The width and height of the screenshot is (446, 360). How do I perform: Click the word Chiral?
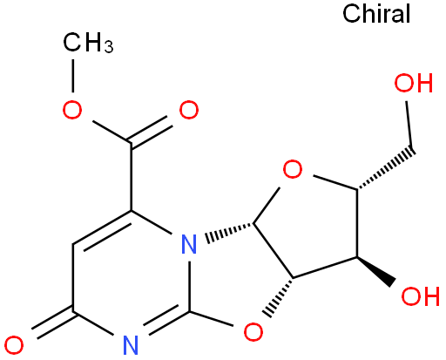pos(376,13)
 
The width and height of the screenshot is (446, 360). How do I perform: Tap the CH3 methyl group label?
pos(88,43)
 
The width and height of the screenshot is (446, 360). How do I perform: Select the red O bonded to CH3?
pos(72,110)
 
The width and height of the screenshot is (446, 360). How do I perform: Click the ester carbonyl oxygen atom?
pos(189,110)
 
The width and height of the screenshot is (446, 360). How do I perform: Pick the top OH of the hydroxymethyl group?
pos(414,83)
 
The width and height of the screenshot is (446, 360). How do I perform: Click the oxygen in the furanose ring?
pos(293,169)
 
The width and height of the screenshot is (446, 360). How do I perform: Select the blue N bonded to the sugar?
pos(189,244)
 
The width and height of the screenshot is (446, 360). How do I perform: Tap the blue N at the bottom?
pos(131,345)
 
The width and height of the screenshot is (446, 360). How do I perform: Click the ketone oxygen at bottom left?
pos(14,345)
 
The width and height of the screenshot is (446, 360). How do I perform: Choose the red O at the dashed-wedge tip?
pos(253,332)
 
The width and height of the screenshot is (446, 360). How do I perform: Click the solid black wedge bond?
pos(375,271)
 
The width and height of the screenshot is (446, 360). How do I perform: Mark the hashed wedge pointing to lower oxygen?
pos(279,297)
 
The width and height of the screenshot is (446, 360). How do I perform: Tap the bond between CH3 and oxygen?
pos(73,76)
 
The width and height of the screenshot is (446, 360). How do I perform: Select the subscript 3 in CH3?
pos(109,47)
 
